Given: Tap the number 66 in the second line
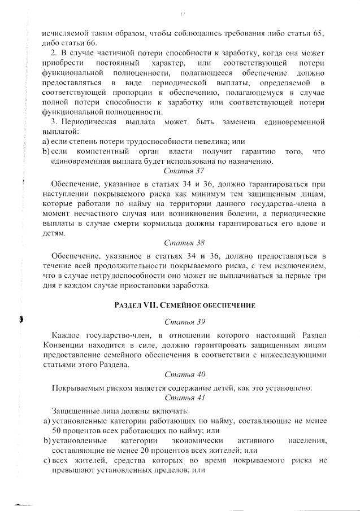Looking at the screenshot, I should click(x=91, y=43).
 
